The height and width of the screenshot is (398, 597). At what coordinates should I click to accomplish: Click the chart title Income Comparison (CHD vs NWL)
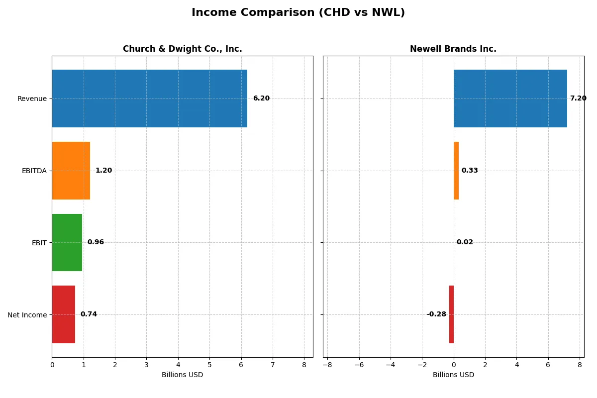point(298,13)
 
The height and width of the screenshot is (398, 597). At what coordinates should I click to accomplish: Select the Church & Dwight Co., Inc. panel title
point(182,49)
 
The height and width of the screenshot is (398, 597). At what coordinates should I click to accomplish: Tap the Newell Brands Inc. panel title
point(453,49)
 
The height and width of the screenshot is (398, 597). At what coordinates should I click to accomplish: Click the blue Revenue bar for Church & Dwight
point(149,99)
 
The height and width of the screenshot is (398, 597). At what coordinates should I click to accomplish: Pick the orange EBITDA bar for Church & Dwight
point(71,171)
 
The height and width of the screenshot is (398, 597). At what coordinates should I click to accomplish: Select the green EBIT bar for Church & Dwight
point(67,242)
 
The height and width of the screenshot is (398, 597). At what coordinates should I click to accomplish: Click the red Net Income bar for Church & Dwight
point(63,314)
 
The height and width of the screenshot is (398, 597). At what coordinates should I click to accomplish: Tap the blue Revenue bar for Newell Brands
point(510,99)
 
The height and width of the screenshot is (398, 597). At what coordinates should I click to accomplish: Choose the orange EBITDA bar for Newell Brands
point(456,171)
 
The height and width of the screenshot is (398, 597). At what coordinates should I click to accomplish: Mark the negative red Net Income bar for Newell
point(451,314)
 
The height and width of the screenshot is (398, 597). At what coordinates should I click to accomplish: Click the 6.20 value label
point(261,99)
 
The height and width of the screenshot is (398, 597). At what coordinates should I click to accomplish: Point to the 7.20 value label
point(578,99)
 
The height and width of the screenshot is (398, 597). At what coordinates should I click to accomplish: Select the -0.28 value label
point(436,314)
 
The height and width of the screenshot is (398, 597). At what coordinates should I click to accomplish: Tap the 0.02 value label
point(465,242)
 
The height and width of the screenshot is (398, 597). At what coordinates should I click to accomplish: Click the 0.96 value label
point(96,242)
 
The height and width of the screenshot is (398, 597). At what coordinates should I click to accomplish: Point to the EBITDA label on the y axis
point(34,171)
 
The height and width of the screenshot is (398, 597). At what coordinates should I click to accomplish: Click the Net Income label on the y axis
point(27,314)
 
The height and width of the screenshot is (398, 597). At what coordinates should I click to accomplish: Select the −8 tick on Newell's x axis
point(327,365)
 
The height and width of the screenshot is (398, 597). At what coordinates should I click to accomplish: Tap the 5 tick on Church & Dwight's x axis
point(209,365)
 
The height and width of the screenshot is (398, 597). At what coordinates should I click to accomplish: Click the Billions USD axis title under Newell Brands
point(453,375)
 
